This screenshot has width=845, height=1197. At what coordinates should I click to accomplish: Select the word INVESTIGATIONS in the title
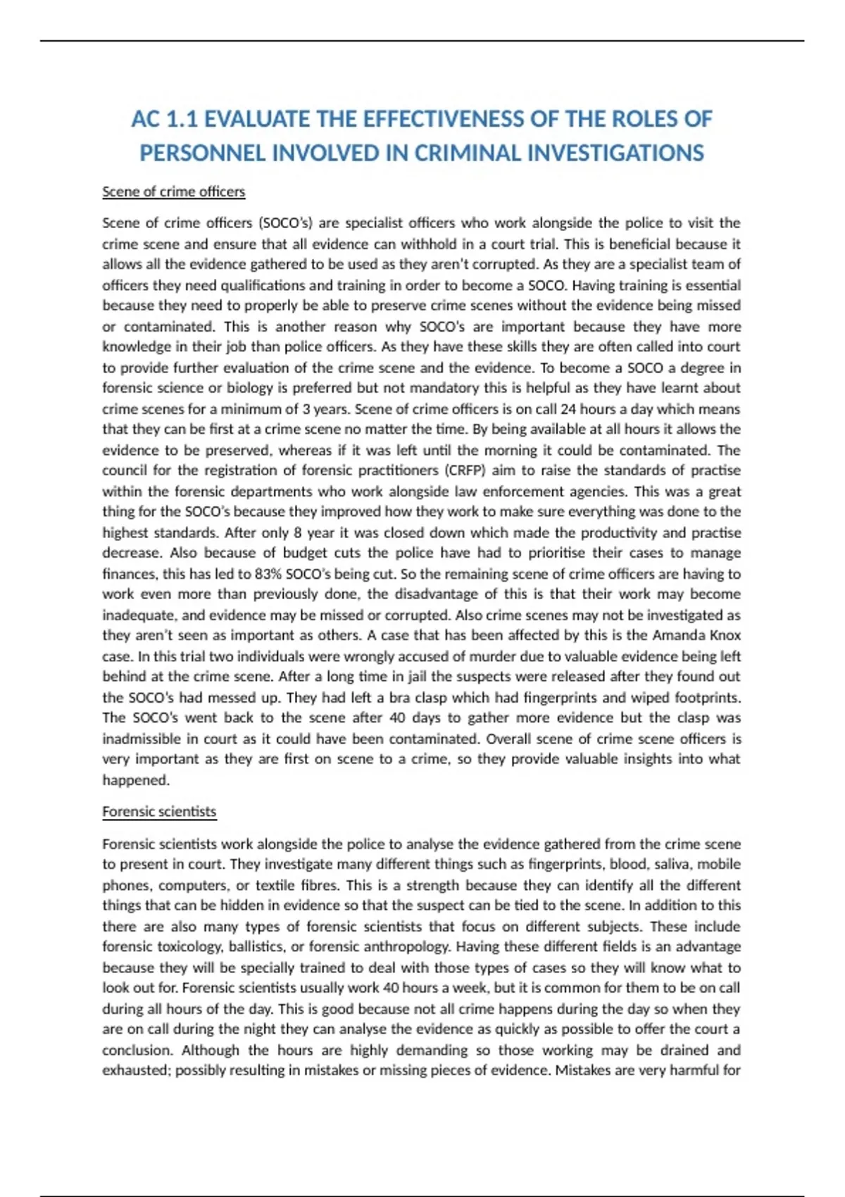pos(615,153)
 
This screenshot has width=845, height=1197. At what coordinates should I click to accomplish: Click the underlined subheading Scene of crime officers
pos(173,192)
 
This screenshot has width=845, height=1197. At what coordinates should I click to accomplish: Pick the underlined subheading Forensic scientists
pos(159,811)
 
